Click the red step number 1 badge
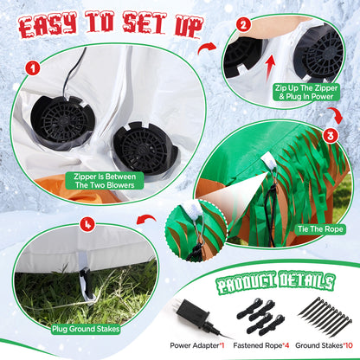pos(33,68)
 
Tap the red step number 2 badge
pos(243,25)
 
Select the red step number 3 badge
pos(331,136)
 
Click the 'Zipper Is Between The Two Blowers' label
pos(105,181)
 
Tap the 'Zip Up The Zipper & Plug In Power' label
pos(306,92)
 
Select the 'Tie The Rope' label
pos(320,229)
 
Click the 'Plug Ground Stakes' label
pos(86,329)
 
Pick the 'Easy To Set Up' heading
pos(111,25)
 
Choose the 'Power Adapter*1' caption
pos(197,345)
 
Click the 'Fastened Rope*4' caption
pos(260,345)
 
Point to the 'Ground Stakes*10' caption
pos(324,345)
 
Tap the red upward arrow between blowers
pos(270,67)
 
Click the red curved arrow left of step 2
pos(207,48)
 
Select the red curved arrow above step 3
pos(336,114)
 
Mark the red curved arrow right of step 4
pos(146,220)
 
